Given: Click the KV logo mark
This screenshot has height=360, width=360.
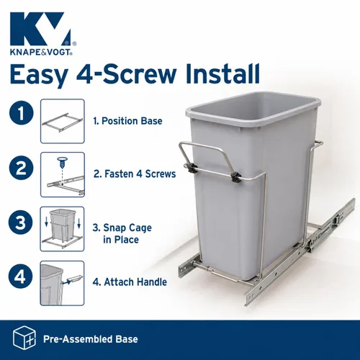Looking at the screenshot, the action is pos(40,28).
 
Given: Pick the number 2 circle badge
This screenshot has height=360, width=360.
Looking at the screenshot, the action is pos(22,168).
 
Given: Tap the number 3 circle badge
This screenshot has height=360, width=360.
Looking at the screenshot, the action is pos(21,222).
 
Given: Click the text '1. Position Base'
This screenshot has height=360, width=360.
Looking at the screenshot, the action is pos(127,121).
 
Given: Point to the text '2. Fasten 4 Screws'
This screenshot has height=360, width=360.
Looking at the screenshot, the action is pos(135,174).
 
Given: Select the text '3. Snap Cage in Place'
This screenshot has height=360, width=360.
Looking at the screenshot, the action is pos(122,233).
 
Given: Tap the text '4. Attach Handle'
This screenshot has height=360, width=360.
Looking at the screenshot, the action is pos(130,282).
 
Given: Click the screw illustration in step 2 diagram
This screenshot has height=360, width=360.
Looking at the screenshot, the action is pos(62,163).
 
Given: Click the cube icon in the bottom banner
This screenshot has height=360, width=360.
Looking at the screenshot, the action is pos(24,338).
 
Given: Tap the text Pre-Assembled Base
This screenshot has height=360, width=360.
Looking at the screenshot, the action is pos(91,339).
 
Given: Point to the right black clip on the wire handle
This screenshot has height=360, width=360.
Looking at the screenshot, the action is pos(235,177).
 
